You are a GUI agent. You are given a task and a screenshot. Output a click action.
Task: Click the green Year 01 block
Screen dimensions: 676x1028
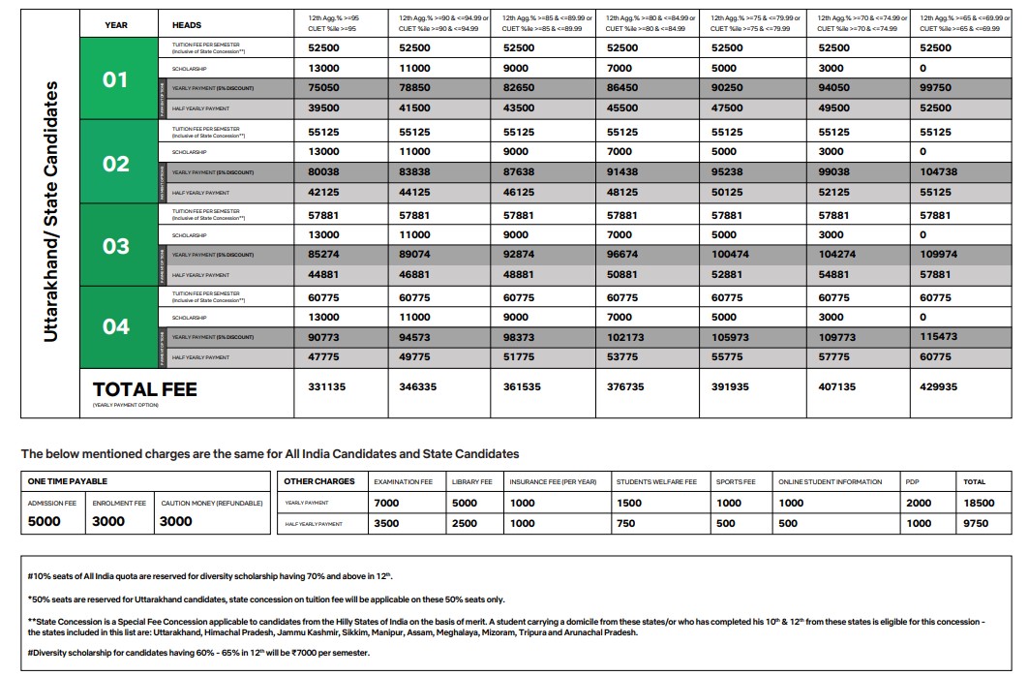pyautogui.click(x=116, y=78)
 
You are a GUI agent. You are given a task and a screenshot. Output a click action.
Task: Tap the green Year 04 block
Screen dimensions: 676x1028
pyautogui.click(x=116, y=326)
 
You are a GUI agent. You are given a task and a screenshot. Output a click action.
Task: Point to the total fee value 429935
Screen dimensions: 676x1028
pyautogui.click(x=939, y=386)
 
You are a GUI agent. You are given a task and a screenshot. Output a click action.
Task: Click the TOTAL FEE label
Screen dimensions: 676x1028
pyautogui.click(x=144, y=389)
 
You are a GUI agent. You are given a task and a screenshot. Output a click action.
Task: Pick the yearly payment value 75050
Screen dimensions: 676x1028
pyautogui.click(x=323, y=87)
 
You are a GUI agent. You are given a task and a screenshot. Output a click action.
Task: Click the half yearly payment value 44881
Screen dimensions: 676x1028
pyautogui.click(x=323, y=274)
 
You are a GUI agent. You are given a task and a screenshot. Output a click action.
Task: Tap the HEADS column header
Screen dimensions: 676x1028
pyautogui.click(x=187, y=24)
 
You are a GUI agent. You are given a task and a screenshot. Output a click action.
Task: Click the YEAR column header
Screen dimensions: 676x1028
pyautogui.click(x=116, y=24)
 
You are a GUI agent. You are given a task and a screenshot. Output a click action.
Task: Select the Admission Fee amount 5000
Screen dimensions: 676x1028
pyautogui.click(x=45, y=521)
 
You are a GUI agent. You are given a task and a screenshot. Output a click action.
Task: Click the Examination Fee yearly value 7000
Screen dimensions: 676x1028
pyautogui.click(x=386, y=503)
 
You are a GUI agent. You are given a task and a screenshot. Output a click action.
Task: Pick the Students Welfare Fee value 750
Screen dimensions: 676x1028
pyautogui.click(x=626, y=523)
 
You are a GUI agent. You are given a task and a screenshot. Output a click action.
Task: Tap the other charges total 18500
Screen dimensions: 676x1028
pyautogui.click(x=979, y=503)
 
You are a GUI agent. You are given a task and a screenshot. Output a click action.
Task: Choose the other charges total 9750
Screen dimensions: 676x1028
pyautogui.click(x=976, y=523)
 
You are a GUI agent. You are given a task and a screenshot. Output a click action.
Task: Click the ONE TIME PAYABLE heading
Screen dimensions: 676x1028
pyautogui.click(x=68, y=481)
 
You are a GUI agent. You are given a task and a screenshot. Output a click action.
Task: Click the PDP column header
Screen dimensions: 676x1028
pyautogui.click(x=912, y=481)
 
